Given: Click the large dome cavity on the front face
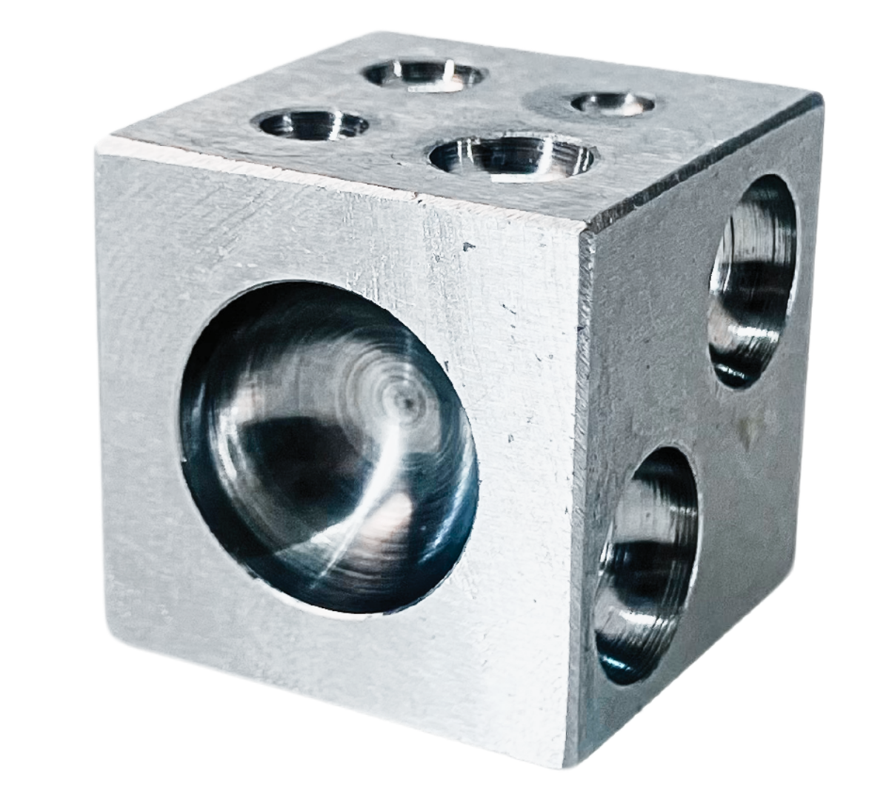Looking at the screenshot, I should [x=330, y=448].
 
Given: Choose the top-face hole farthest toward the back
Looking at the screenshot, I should [x=424, y=75].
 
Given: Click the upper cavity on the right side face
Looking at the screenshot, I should [x=752, y=281].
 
